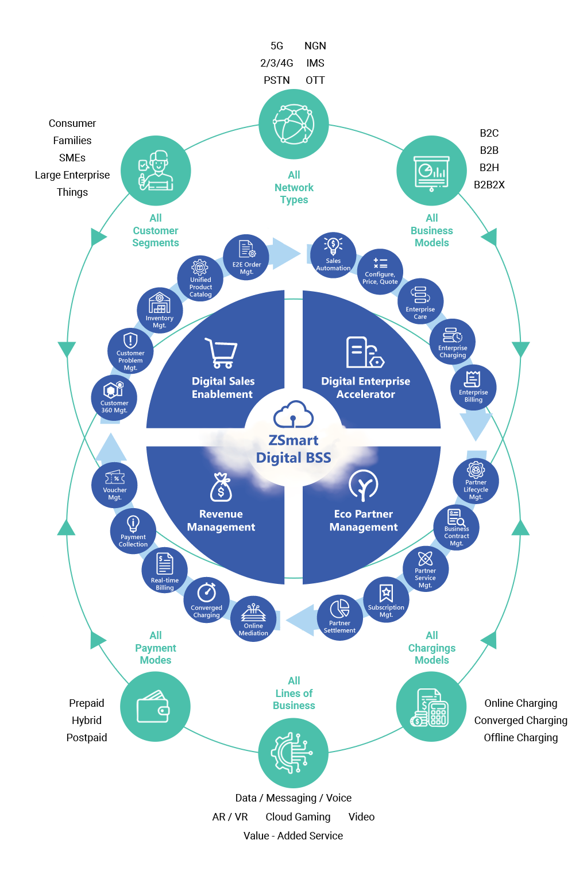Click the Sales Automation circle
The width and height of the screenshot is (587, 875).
tap(333, 255)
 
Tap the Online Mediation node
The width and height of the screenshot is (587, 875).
tap(253, 619)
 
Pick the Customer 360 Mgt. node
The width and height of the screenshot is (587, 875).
tap(114, 398)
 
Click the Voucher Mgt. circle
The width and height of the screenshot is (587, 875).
tap(115, 485)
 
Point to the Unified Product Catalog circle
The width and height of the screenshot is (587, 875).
tap(200, 278)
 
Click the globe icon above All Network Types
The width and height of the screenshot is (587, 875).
tap(293, 124)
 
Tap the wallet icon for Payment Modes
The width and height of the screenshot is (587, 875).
tap(153, 707)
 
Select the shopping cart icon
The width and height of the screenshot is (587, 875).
tap(222, 353)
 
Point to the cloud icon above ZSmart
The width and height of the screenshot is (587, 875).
tap(293, 414)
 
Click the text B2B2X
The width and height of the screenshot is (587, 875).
tap(489, 185)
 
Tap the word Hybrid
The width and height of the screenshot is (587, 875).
tap(86, 721)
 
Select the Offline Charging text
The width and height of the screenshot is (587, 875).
tap(520, 738)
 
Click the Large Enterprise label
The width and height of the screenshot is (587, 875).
tap(72, 175)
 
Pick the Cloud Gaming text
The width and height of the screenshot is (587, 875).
tap(298, 817)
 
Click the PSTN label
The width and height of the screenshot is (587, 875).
tap(276, 80)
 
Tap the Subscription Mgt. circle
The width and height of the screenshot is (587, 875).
tap(386, 599)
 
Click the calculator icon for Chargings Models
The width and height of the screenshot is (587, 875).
tap(431, 708)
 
